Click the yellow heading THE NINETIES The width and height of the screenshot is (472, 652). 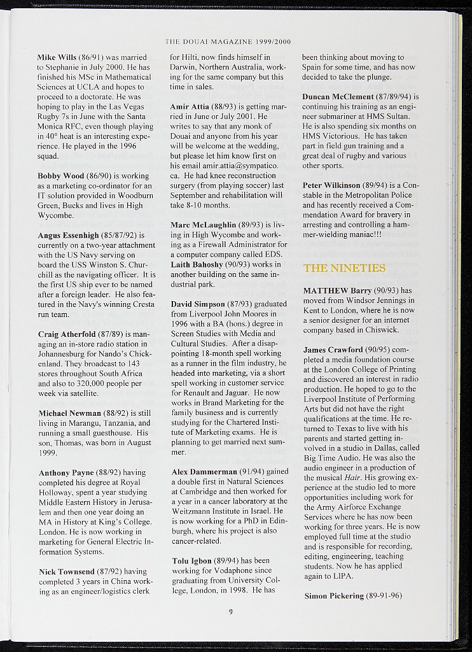pos(344,268)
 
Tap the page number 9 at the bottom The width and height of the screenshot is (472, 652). pos(231,613)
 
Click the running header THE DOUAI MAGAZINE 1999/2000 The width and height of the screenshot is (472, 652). pos(228,42)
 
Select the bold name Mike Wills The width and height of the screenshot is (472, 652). pos(57,57)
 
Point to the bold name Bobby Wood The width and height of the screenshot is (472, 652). pos(60,176)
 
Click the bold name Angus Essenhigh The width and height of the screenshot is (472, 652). pos(68,236)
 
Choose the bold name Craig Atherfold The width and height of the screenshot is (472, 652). pos(67,334)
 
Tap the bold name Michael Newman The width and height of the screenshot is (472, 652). pos(69,413)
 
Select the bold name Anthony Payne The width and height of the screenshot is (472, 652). pos(66,473)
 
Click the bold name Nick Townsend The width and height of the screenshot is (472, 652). pos(66,572)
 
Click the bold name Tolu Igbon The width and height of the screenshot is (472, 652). pos(192,561)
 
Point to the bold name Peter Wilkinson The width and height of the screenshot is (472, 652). pos(331,185)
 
